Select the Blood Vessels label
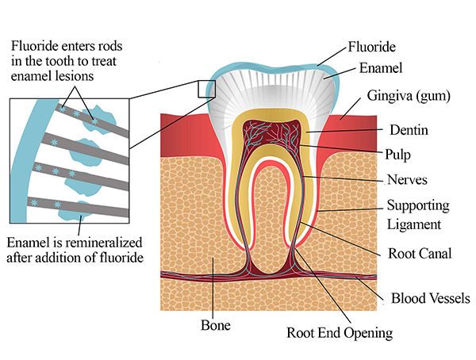click(x=431, y=299)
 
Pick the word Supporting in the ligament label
click(x=417, y=205)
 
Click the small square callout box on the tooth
click(x=206, y=88)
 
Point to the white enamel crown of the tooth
click(x=270, y=87)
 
